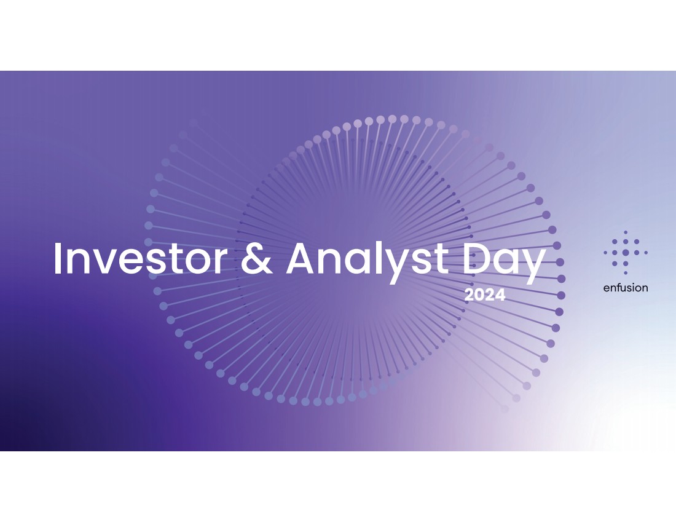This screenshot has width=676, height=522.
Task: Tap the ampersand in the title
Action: pos(256,258)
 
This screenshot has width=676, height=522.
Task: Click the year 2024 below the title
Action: pos(485,295)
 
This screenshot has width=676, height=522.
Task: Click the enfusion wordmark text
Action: pos(626,288)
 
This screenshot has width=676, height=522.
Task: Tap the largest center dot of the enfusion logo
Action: pos(626,253)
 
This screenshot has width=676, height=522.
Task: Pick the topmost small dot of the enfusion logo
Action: pos(626,232)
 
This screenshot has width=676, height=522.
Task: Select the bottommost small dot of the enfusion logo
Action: pos(626,273)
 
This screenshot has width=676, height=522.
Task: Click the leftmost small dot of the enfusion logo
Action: pos(605,253)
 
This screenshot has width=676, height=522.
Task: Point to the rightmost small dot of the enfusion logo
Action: pos(646,253)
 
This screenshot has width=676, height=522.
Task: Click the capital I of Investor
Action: pos(57,259)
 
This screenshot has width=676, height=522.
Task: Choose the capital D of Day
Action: pos(478,259)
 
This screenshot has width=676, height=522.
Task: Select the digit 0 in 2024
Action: pos(479,295)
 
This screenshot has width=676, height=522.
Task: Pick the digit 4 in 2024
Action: pos(500,295)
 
